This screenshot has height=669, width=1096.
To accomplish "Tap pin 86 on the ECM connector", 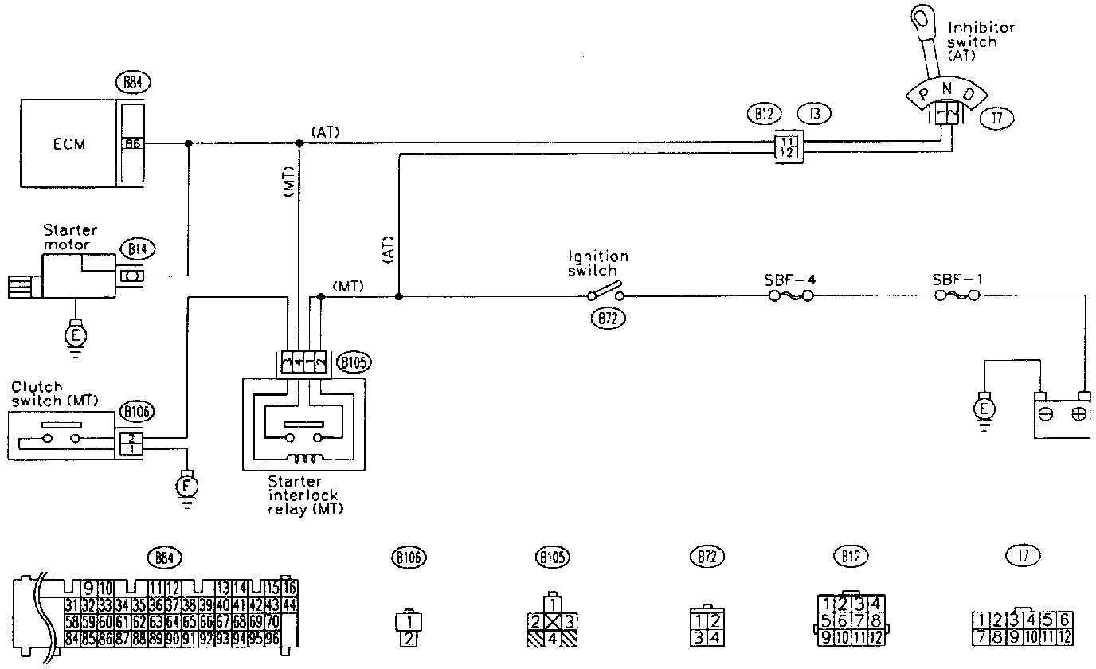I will click(x=132, y=144).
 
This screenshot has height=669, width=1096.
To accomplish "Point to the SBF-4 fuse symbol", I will click(x=790, y=295).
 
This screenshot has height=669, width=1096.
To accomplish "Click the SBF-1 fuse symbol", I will click(x=956, y=295).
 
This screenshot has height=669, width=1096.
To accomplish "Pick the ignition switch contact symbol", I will click(x=605, y=293).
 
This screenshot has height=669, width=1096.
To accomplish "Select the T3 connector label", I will click(x=813, y=114).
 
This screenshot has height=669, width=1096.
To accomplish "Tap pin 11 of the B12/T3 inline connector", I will click(x=787, y=140).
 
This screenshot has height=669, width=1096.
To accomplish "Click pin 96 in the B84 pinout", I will click(x=272, y=637).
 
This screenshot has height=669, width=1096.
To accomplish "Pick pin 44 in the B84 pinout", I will click(x=290, y=604).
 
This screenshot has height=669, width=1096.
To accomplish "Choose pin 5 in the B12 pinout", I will click(x=828, y=620).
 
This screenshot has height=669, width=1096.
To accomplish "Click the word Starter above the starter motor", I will click(x=71, y=231).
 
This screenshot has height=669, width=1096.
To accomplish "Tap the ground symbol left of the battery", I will click(x=985, y=409).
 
